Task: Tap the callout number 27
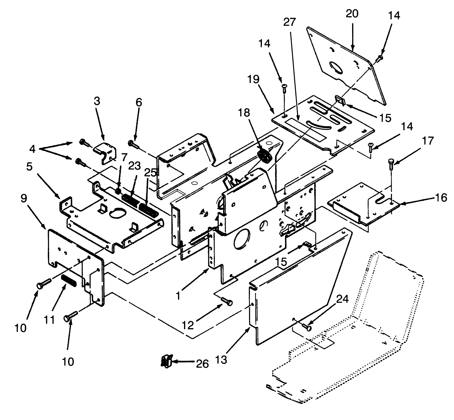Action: [289, 22]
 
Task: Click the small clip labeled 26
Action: [166, 362]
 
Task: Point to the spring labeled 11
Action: [69, 281]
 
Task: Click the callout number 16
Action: [440, 198]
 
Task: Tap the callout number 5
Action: [29, 167]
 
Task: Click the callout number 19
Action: [253, 79]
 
